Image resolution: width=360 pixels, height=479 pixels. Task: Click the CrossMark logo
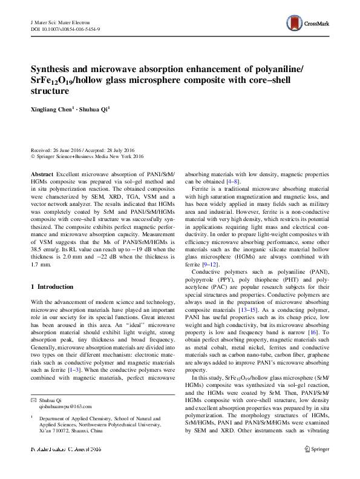[308, 24]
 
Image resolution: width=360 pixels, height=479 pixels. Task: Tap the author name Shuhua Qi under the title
[95, 109]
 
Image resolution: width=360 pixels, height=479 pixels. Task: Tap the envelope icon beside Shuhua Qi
[34, 400]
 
